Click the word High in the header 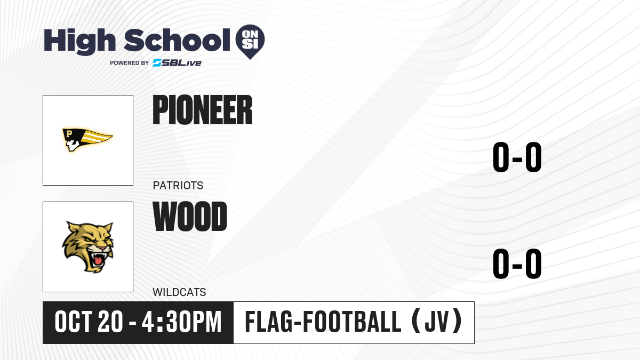(79, 42)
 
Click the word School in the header (177, 40)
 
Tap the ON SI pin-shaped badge (250, 42)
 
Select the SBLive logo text (177, 63)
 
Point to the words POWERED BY (130, 63)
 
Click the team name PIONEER (203, 110)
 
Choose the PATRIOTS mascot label (178, 186)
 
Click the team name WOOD (190, 217)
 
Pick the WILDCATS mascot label (179, 292)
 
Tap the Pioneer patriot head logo (87, 140)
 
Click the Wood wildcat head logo (88, 247)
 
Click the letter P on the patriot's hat (69, 133)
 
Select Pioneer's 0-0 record (517, 157)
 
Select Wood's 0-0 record (517, 263)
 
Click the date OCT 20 (89, 322)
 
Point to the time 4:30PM (182, 322)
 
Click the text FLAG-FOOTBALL (323, 322)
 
